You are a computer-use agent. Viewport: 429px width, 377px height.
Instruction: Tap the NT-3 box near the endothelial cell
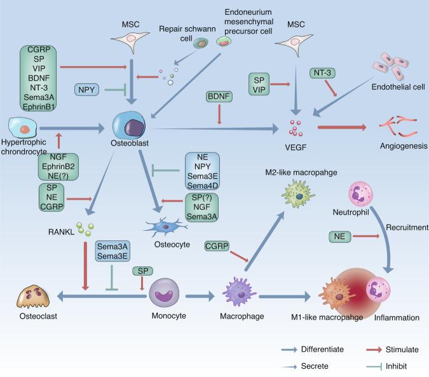coord(323,74)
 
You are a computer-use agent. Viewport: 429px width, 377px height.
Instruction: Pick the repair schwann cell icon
coord(201,44)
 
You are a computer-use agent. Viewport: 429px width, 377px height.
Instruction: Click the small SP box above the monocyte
coord(143,271)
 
